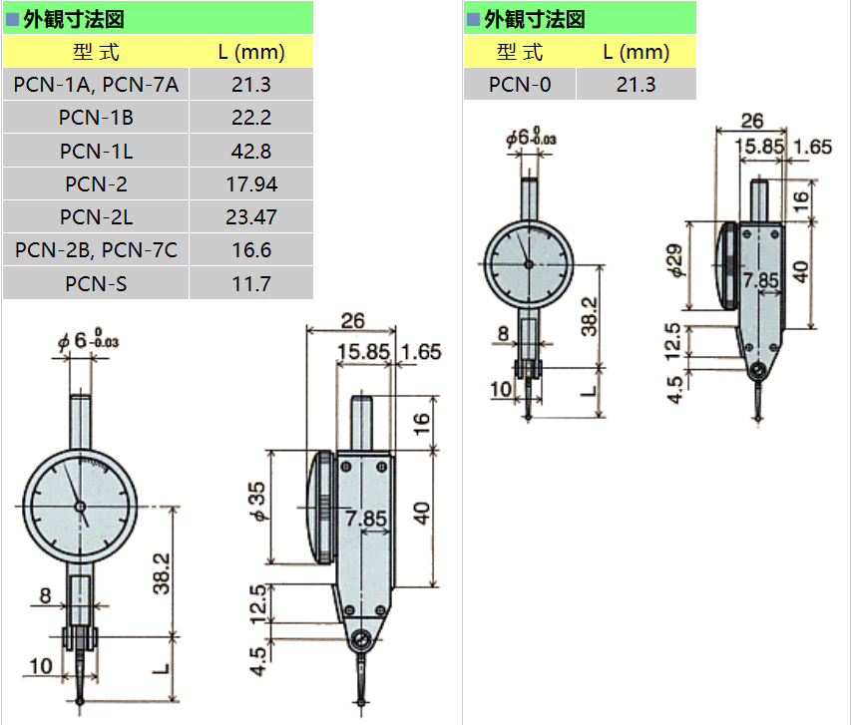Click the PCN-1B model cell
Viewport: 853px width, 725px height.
[96, 118]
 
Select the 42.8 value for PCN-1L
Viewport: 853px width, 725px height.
[251, 151]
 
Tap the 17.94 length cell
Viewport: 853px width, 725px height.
[251, 183]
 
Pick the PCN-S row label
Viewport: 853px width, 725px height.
[96, 283]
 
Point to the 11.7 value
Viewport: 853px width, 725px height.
[251, 283]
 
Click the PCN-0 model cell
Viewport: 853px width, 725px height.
[520, 85]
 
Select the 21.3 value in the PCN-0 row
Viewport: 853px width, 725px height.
[636, 85]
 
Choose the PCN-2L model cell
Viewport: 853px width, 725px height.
[96, 216]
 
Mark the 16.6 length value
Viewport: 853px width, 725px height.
[251, 249]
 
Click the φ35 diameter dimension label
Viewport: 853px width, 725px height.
[257, 504]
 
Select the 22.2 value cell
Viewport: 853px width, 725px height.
[251, 118]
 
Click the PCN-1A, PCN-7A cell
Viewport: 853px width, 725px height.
[96, 85]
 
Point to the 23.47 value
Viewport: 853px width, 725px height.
[251, 216]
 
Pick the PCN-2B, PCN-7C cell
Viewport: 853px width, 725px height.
[96, 249]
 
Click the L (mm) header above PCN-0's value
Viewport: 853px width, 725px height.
[636, 52]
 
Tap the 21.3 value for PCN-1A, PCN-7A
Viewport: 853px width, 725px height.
[251, 85]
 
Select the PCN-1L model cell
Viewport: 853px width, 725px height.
[96, 151]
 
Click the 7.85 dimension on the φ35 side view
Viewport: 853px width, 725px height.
[366, 519]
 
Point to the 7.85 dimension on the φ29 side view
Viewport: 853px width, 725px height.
[760, 280]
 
